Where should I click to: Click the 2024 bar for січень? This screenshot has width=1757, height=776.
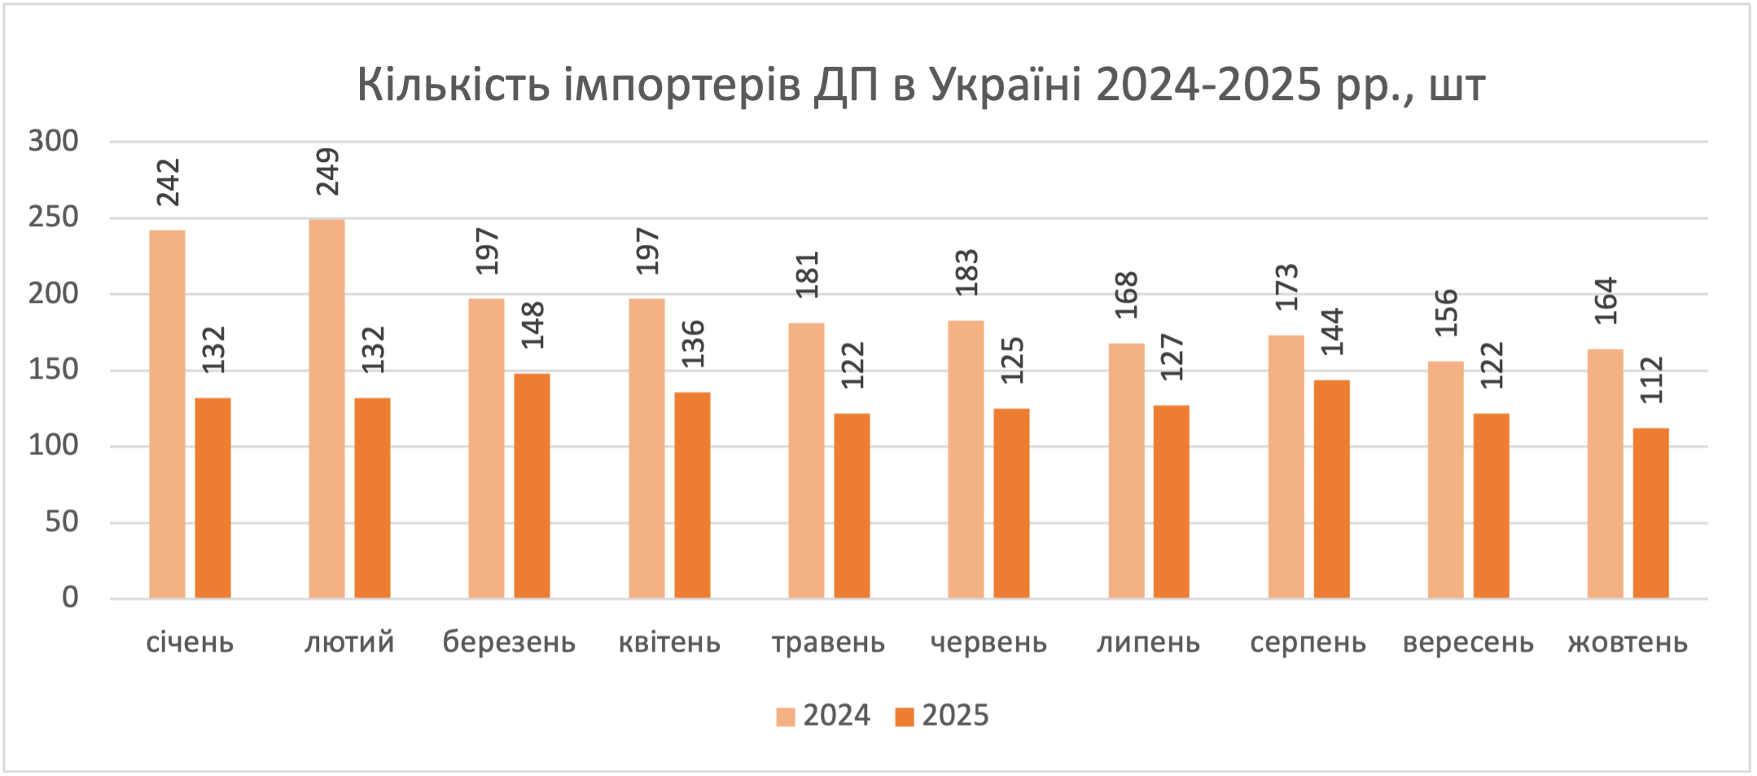pyautogui.click(x=168, y=414)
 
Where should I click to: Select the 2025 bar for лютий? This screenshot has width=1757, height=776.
pyautogui.click(x=373, y=498)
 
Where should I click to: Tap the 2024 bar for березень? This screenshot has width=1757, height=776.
pyautogui.click(x=487, y=449)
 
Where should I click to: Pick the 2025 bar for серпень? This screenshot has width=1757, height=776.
pyautogui.click(x=1332, y=489)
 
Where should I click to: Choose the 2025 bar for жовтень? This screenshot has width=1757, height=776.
pyautogui.click(x=1651, y=514)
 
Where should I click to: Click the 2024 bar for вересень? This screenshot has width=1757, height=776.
pyautogui.click(x=1446, y=480)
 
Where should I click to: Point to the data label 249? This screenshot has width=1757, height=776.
pyautogui.click(x=327, y=172)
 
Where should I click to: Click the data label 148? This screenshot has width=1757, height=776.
pyautogui.click(x=533, y=326)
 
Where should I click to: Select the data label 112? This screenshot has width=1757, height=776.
pyautogui.click(x=1652, y=380)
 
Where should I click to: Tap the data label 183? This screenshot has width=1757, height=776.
pyautogui.click(x=966, y=273)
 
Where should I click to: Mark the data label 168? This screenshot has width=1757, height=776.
pyautogui.click(x=1126, y=295)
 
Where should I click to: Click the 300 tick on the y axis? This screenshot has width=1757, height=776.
pyautogui.click(x=54, y=142)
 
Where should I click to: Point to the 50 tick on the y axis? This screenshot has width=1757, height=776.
pyautogui.click(x=62, y=522)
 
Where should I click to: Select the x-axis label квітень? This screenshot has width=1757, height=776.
pyautogui.click(x=669, y=643)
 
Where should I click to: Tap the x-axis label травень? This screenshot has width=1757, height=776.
pyautogui.click(x=828, y=643)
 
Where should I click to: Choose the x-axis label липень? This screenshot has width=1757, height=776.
pyautogui.click(x=1148, y=643)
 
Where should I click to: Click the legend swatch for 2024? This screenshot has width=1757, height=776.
pyautogui.click(x=786, y=717)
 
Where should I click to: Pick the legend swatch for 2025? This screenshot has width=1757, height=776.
pyautogui.click(x=905, y=717)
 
